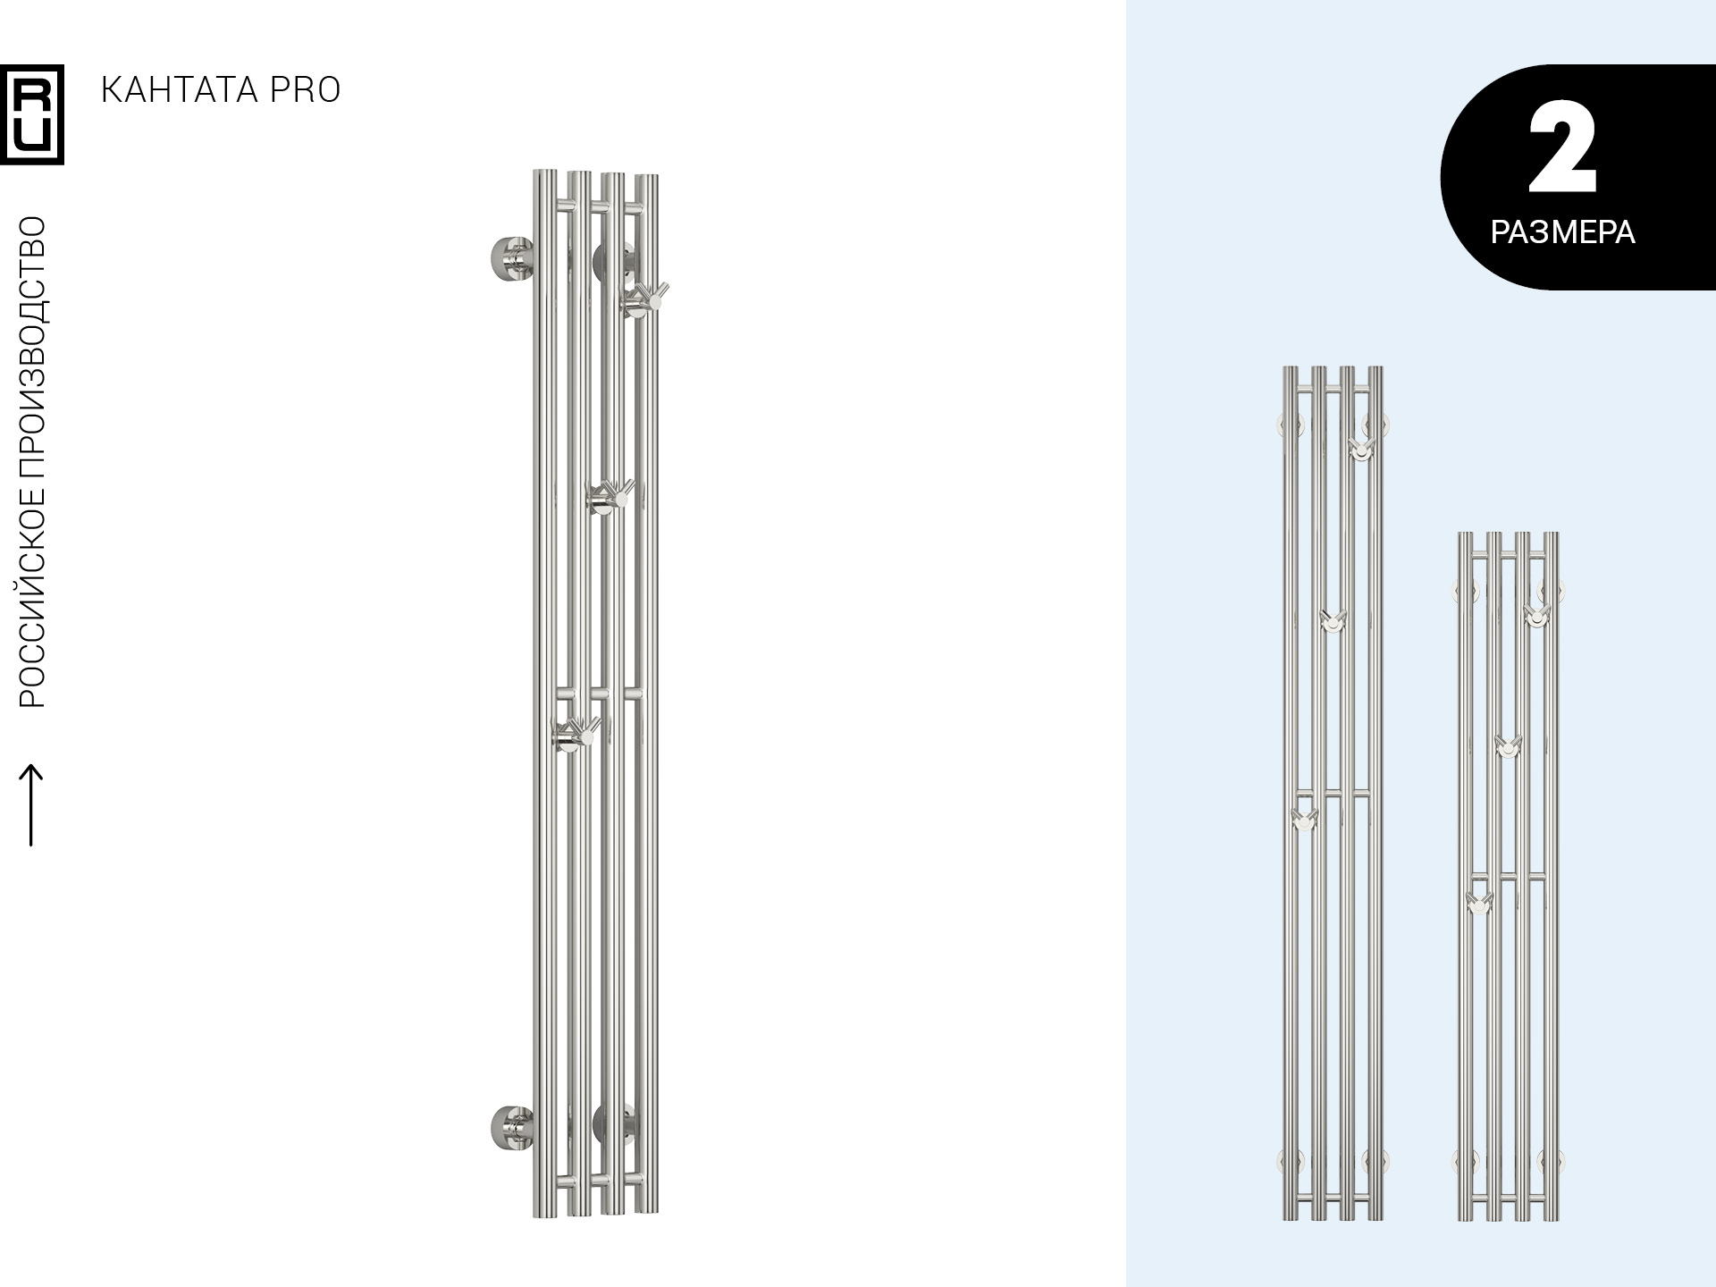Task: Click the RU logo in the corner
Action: pos(32,114)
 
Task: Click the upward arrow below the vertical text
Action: pos(31,804)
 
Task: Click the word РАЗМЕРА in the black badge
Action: pos(1562,232)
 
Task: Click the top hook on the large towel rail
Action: pos(644,298)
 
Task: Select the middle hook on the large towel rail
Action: pos(610,496)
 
